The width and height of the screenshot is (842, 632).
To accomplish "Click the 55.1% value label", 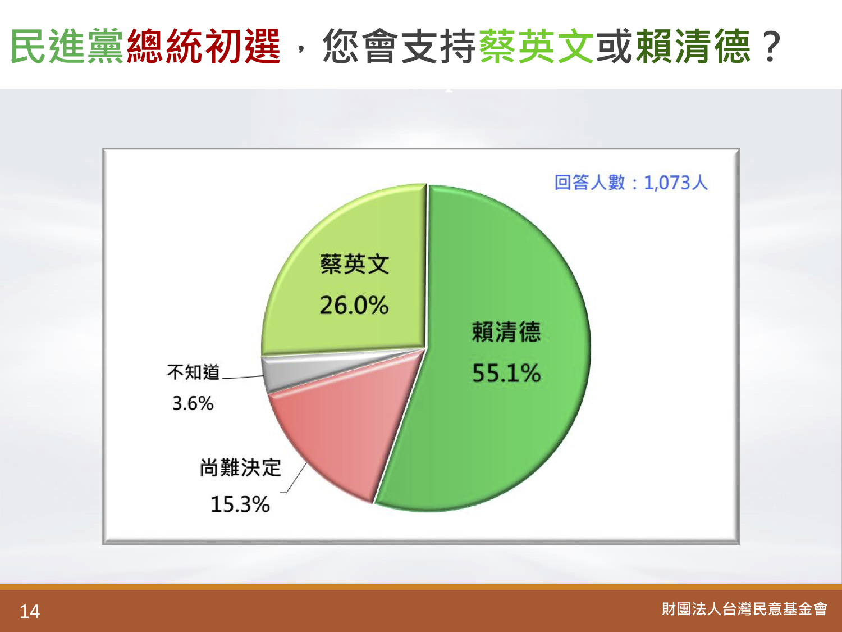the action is tap(506, 373).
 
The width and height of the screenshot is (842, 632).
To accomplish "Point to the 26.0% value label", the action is tap(354, 306).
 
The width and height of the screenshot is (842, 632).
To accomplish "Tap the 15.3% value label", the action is tap(240, 504).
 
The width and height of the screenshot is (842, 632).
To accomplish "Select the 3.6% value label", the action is tap(193, 403).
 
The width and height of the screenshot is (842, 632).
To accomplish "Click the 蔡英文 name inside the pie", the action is tap(355, 264).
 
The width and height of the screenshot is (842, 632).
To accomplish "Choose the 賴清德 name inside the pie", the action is tap(506, 331).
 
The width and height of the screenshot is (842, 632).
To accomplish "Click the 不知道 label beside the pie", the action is tap(193, 372).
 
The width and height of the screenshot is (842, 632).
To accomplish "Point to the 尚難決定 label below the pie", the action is tap(240, 468).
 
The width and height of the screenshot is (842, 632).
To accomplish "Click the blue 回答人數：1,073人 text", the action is tap(631, 183).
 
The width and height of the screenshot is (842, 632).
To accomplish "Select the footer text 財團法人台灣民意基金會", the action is tap(744, 609).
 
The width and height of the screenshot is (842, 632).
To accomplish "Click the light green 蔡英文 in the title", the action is tap(537, 46).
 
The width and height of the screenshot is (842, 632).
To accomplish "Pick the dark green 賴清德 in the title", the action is tap(693, 46).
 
